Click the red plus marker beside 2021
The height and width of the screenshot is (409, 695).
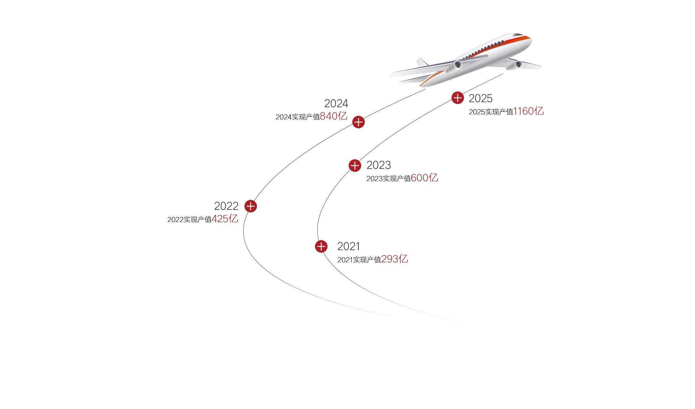click(321, 247)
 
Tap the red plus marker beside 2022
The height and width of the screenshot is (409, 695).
click(250, 206)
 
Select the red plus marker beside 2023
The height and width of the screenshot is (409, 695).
click(355, 166)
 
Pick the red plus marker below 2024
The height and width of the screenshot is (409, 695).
click(358, 122)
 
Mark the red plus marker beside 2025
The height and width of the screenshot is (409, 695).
click(458, 98)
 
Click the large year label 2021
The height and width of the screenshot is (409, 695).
click(348, 247)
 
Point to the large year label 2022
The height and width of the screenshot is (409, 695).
click(226, 206)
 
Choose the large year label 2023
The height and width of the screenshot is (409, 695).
click(379, 165)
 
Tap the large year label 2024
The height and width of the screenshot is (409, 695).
click(336, 104)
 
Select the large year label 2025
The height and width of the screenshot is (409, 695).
click(480, 99)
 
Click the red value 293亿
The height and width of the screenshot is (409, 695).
click(395, 259)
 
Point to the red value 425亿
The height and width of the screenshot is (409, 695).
click(225, 219)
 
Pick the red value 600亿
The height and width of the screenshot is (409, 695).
click(425, 178)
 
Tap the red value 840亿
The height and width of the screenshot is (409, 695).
click(333, 116)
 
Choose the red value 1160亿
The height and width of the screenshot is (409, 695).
click(528, 111)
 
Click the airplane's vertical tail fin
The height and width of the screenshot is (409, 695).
click(422, 62)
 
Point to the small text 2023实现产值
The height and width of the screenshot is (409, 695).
click(389, 179)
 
